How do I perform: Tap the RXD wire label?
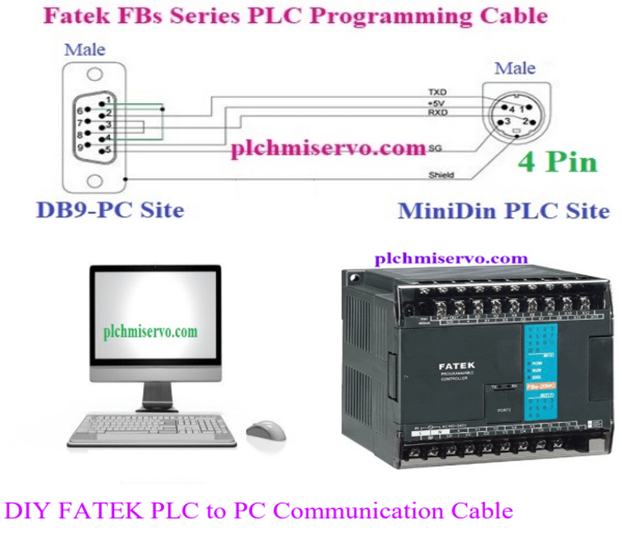pyautogui.click(x=437, y=113)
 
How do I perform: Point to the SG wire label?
pyautogui.click(x=435, y=148)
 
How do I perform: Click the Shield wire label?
pyautogui.click(x=441, y=175)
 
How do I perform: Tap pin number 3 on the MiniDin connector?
pyautogui.click(x=507, y=121)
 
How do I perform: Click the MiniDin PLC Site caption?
pyautogui.click(x=504, y=211)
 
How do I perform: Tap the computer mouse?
pyautogui.click(x=265, y=429)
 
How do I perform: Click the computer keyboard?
pyautogui.click(x=151, y=429)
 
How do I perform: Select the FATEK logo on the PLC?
pyautogui.click(x=457, y=366)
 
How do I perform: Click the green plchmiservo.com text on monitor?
pyautogui.click(x=151, y=331)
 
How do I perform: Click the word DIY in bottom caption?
pyautogui.click(x=25, y=510)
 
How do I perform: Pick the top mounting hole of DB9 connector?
pyautogui.click(x=94, y=74)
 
